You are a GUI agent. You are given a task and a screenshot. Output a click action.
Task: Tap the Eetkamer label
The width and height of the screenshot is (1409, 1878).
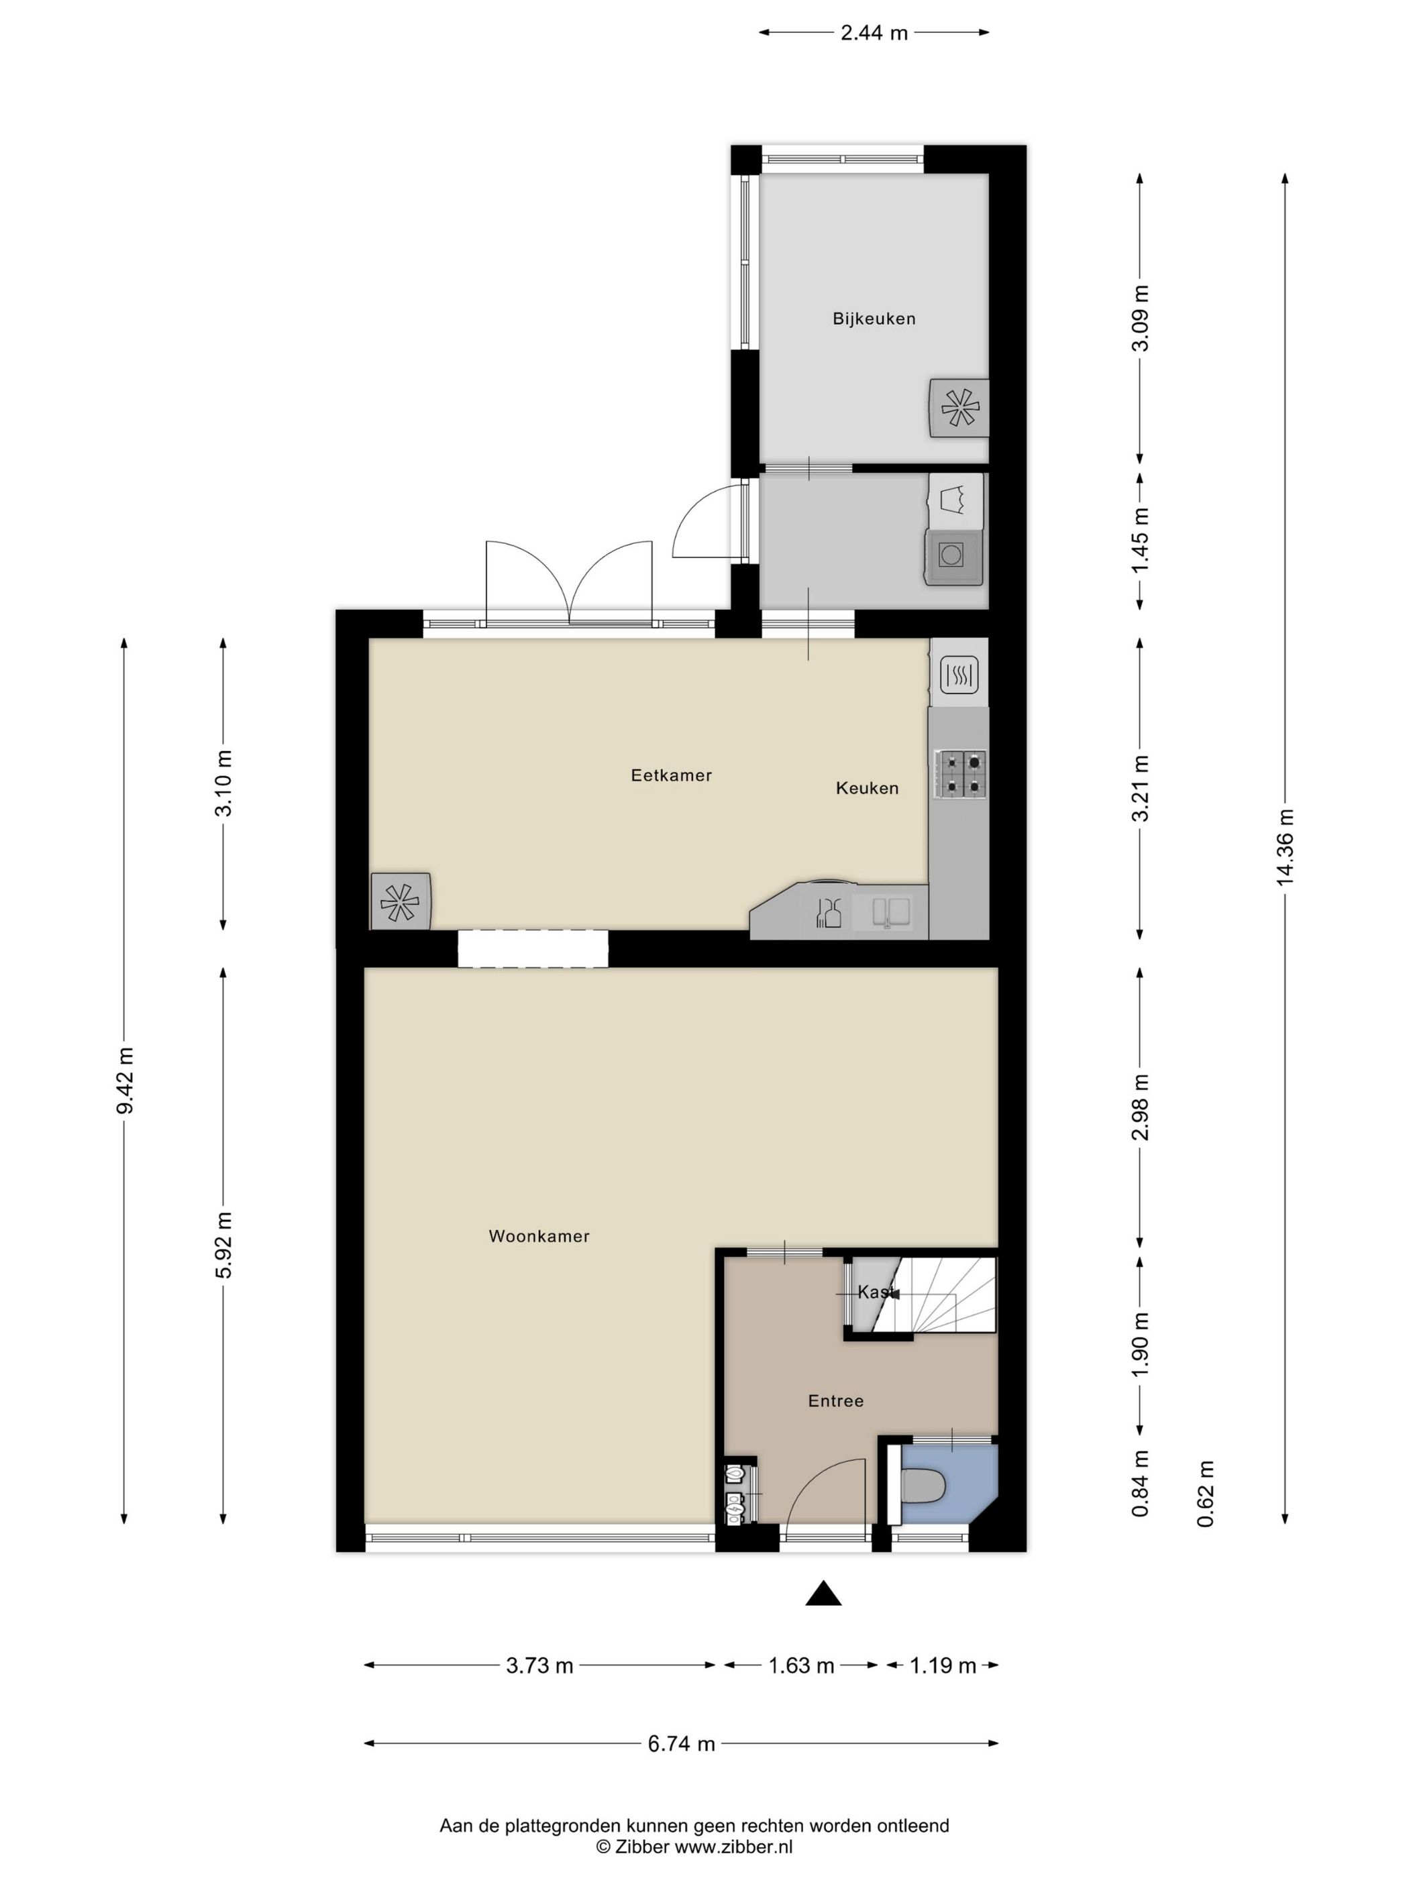(671, 775)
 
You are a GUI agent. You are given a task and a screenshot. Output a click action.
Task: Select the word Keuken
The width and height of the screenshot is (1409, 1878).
(866, 788)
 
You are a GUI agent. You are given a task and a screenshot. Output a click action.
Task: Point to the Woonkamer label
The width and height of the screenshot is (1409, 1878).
(539, 1236)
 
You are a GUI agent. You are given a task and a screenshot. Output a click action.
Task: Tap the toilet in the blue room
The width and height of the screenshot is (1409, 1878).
(923, 1488)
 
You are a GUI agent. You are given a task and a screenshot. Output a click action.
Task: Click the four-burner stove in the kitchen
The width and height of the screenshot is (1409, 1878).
(959, 773)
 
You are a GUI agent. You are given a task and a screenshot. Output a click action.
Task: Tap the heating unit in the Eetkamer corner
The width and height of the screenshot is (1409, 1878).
(400, 901)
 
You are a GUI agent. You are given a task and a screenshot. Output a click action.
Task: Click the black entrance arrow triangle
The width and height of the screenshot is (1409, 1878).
(823, 1594)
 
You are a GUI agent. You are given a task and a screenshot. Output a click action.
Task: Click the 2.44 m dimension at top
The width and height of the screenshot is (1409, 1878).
(874, 33)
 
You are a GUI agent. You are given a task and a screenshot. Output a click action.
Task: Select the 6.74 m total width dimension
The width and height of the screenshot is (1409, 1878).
(681, 1744)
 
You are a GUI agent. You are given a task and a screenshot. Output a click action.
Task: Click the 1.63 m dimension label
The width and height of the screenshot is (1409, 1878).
(801, 1666)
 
